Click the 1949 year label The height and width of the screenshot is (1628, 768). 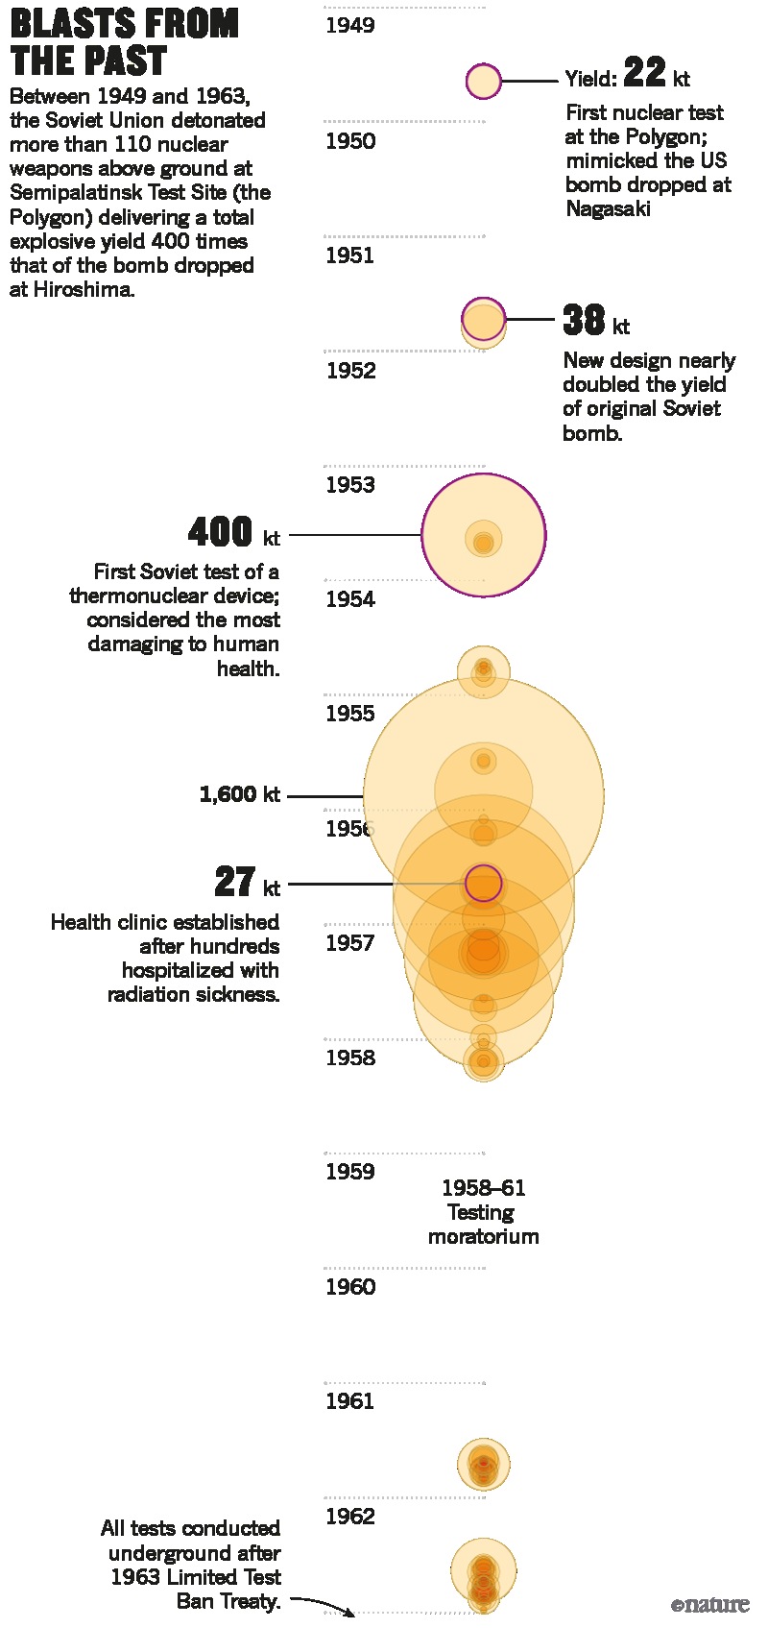click(349, 26)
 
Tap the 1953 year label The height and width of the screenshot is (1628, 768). click(349, 485)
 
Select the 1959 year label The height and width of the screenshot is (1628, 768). click(349, 1172)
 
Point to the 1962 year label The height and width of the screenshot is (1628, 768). click(349, 1517)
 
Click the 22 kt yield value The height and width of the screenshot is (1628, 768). click(644, 73)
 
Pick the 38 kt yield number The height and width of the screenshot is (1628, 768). click(584, 321)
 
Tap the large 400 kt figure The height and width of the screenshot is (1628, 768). click(221, 532)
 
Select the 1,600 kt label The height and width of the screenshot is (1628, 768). click(239, 794)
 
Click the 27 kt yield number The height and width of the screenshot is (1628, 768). click(234, 882)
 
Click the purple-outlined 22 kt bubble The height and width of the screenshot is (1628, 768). click(484, 82)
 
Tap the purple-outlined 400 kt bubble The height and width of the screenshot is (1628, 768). click(484, 535)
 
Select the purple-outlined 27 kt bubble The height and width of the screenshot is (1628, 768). click(484, 883)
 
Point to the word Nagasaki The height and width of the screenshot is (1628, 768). click(608, 208)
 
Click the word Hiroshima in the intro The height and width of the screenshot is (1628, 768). click(83, 289)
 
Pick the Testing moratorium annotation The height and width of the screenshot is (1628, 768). click(483, 1212)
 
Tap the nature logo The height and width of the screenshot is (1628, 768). click(710, 1605)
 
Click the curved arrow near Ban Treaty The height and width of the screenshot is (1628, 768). click(323, 1604)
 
